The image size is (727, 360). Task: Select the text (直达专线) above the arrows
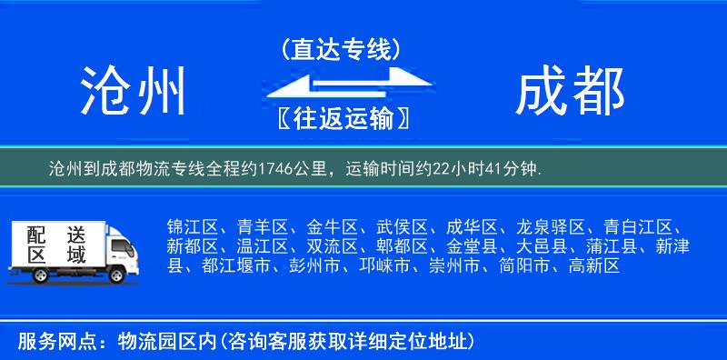[x=341, y=50]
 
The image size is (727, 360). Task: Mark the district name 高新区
[x=594, y=266]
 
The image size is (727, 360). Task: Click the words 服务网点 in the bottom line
[x=48, y=342]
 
